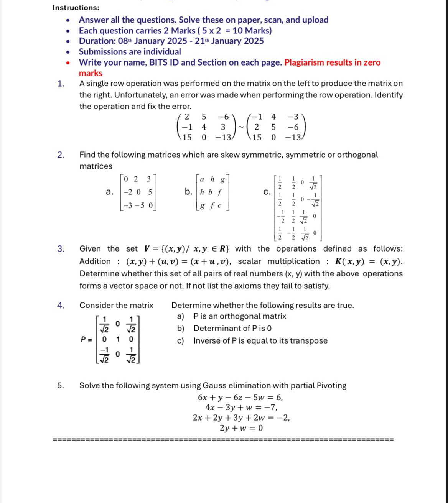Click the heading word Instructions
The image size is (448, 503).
click(x=76, y=8)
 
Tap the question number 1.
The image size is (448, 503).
click(x=61, y=84)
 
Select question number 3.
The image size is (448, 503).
click(x=61, y=249)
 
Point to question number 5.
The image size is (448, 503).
click(x=61, y=386)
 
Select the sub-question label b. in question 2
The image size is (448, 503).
click(x=188, y=192)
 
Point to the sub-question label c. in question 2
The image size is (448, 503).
click(x=267, y=192)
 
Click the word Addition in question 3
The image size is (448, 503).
click(x=95, y=261)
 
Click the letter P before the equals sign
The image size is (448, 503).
click(x=83, y=339)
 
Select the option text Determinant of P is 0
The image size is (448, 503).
click(x=232, y=329)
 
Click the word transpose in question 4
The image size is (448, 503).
click(x=308, y=341)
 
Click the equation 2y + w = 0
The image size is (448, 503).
click(x=241, y=428)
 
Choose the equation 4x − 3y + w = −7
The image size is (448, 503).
click(x=241, y=407)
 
